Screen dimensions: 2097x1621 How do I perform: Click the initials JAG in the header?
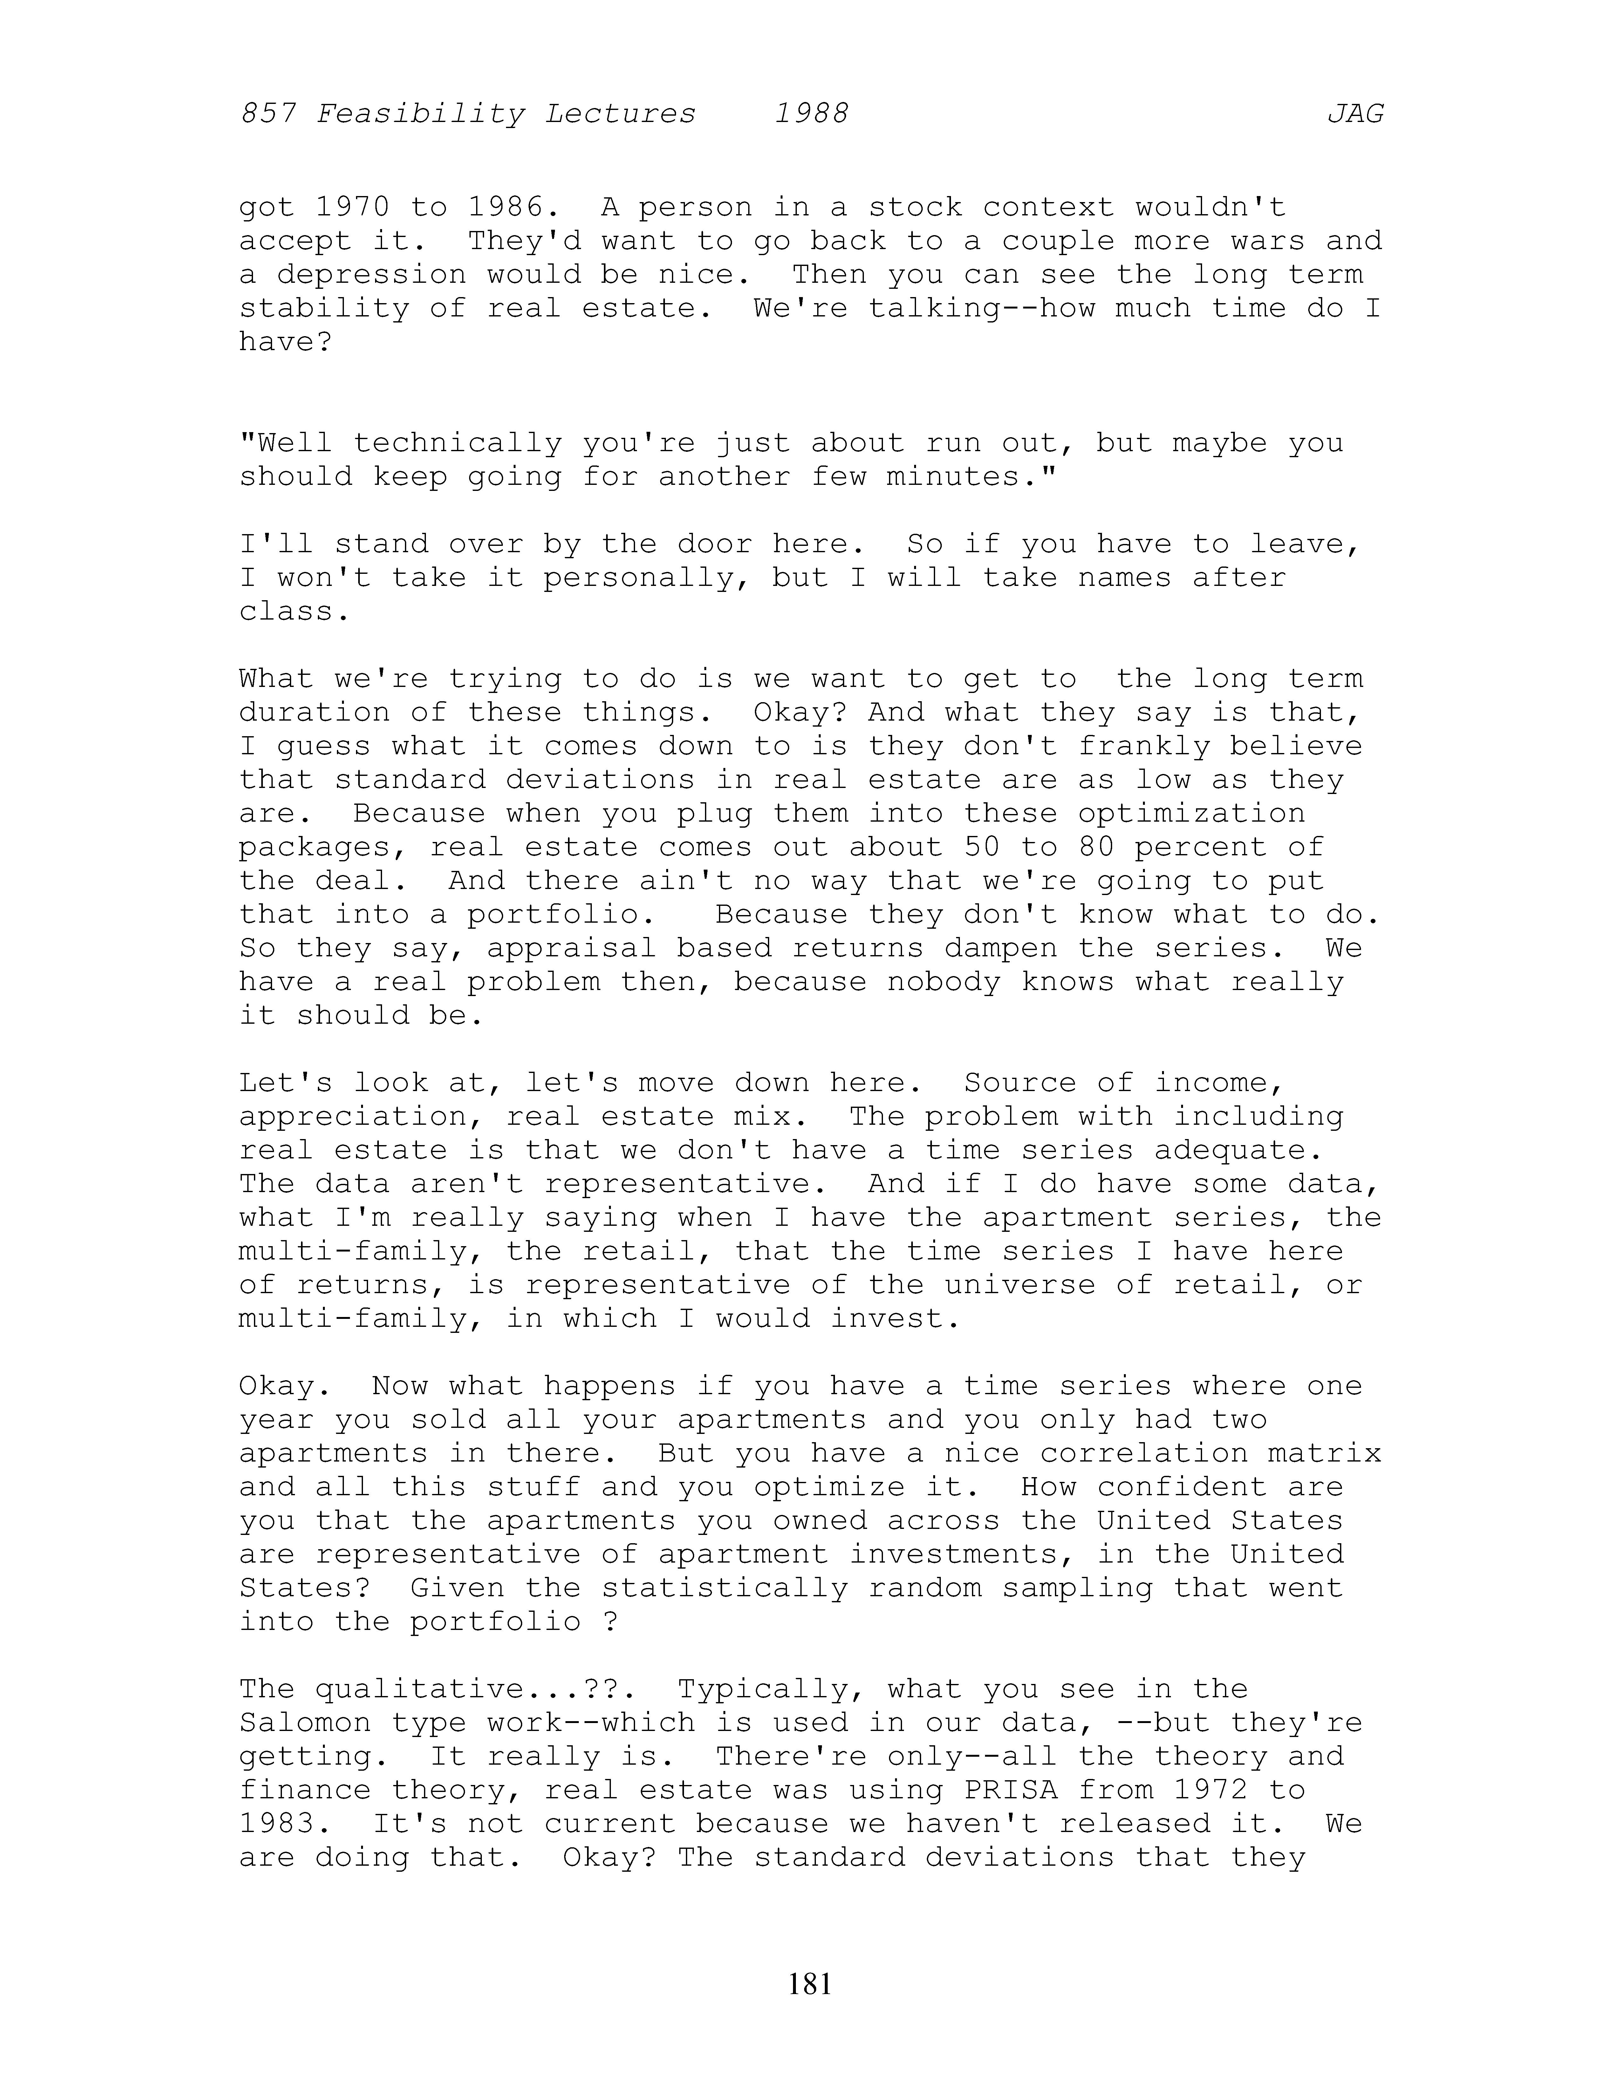coord(1355,114)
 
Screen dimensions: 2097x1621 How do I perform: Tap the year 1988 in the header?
coord(811,114)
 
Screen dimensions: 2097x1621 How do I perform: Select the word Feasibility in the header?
coord(421,114)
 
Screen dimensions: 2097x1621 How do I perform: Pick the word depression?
coord(372,275)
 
